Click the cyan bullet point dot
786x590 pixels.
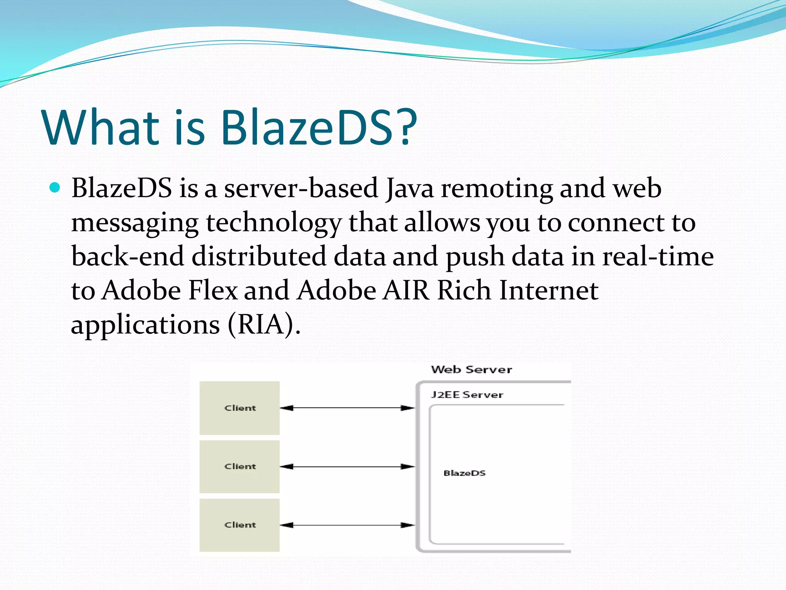tap(55, 188)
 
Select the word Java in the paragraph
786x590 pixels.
tap(410, 189)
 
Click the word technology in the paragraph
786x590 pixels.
tap(273, 223)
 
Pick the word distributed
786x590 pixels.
tap(259, 256)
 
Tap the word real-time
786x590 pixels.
tap(658, 256)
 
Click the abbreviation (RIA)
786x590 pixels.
tap(264, 325)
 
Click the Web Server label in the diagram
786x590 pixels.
tap(471, 370)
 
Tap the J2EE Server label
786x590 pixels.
tap(467, 394)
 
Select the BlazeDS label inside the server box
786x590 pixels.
tap(464, 473)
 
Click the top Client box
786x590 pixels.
tap(239, 408)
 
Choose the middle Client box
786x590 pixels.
tap(239, 467)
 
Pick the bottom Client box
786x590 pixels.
tap(239, 525)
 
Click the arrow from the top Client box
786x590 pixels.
tap(347, 408)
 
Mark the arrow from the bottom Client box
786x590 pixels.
tap(347, 525)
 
